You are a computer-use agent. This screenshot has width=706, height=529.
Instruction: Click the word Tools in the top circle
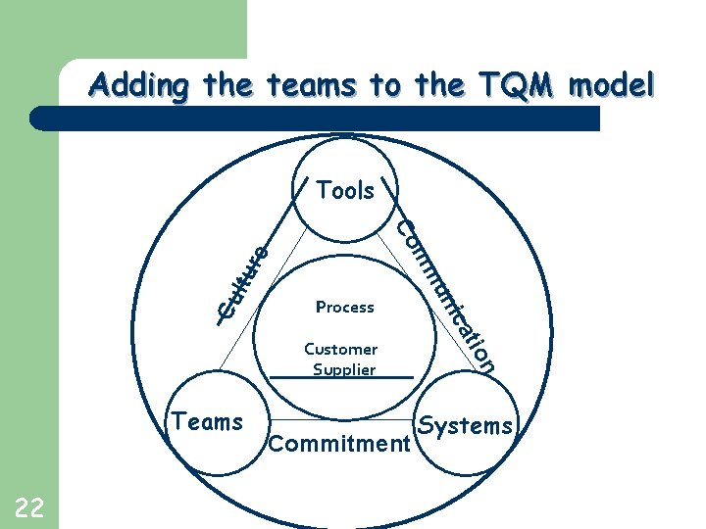[x=345, y=190]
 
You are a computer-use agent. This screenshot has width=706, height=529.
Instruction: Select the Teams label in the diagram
[x=207, y=422]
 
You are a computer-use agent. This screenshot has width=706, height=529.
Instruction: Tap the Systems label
[x=466, y=425]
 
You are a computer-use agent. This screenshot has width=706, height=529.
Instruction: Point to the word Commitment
[x=338, y=445]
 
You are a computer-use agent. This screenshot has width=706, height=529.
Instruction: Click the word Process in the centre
[x=345, y=307]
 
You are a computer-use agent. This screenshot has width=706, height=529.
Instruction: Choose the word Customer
[x=341, y=349]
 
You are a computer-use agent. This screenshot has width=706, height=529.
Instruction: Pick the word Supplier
[x=343, y=369]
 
